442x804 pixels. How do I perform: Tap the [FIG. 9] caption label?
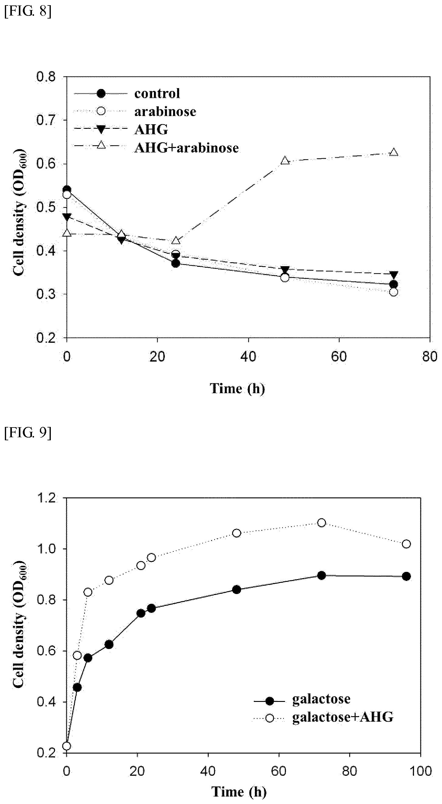point(27,433)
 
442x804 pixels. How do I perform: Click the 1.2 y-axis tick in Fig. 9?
point(47,498)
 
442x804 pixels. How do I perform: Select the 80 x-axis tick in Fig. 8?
point(430,356)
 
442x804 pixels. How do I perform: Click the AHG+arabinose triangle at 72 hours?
point(394,153)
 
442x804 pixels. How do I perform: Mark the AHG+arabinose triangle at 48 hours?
point(285,161)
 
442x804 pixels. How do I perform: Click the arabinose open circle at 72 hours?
point(394,292)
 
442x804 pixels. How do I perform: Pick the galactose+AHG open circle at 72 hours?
point(322,523)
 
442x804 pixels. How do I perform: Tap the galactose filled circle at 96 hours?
point(406,576)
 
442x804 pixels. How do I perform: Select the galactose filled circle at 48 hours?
point(236,589)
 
